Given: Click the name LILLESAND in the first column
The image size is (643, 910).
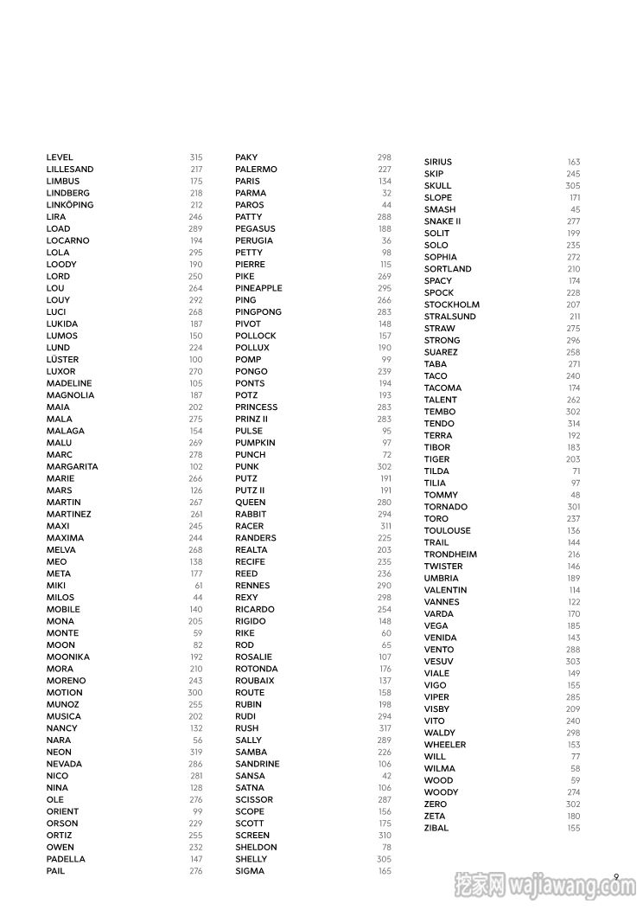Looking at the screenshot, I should tap(70, 170).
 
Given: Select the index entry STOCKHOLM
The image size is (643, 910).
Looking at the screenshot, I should tap(451, 304).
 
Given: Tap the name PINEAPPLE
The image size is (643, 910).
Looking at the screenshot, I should tap(258, 288).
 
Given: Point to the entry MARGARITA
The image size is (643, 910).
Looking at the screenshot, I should tap(72, 466).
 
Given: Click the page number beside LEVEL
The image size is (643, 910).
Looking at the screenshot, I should tap(196, 157).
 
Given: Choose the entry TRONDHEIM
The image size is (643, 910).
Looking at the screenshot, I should tap(450, 554).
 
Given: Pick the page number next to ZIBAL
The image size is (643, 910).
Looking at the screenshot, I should tap(574, 828).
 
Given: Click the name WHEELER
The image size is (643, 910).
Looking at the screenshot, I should tap(444, 745).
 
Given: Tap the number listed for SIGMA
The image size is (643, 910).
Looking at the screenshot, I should tap(385, 871).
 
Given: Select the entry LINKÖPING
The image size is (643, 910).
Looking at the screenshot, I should tap(70, 205).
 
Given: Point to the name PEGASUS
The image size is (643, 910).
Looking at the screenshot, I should tap(255, 229).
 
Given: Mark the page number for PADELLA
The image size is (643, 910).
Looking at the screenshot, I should tap(196, 859).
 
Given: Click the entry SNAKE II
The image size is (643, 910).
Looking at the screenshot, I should tap(442, 221).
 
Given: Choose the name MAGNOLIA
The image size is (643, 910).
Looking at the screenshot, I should tap(70, 395).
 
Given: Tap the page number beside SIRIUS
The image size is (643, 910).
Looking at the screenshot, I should tap(574, 162).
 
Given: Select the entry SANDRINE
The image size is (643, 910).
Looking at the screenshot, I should tap(258, 764).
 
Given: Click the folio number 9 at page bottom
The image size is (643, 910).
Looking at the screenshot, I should tap(616, 876).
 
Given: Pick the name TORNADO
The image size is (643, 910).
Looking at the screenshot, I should tap(445, 507).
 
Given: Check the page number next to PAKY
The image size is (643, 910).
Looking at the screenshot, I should tap(385, 157).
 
